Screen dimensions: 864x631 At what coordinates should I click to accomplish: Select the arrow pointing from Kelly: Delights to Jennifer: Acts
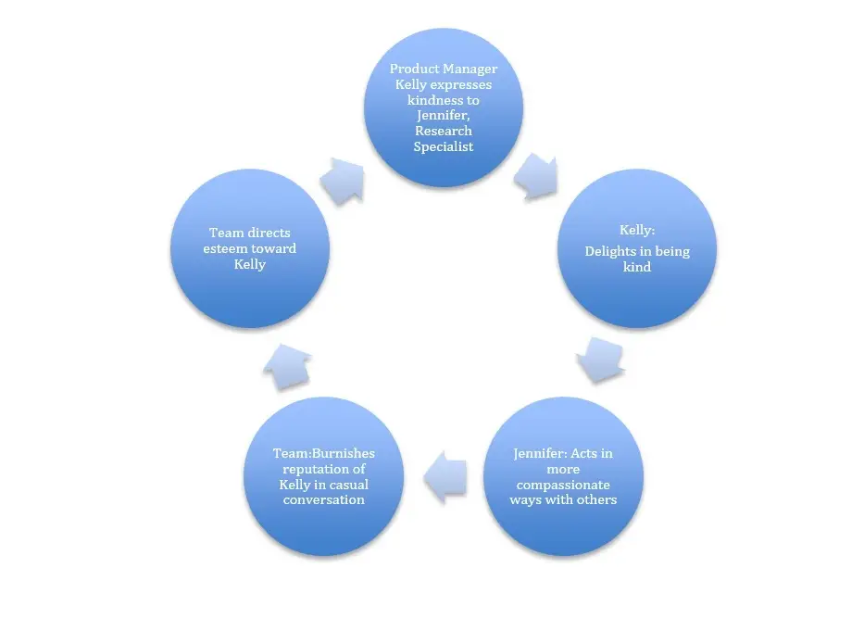point(601,360)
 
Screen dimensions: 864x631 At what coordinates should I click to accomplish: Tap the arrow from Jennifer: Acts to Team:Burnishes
point(445,477)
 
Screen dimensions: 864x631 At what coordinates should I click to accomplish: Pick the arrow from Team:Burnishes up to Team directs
point(288,367)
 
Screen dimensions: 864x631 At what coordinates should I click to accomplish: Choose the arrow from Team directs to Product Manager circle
point(343,181)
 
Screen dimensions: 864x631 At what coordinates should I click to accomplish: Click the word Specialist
point(444,146)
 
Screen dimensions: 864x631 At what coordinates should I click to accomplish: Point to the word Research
point(444,131)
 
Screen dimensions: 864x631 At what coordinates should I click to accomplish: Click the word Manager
point(470,69)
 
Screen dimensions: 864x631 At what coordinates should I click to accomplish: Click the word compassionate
point(563,485)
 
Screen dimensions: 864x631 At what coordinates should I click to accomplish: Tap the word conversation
point(324,499)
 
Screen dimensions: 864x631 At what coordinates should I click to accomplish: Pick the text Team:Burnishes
point(324,453)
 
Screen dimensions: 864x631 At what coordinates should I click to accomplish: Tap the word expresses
point(460,85)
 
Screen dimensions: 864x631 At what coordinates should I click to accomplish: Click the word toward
point(274,248)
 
